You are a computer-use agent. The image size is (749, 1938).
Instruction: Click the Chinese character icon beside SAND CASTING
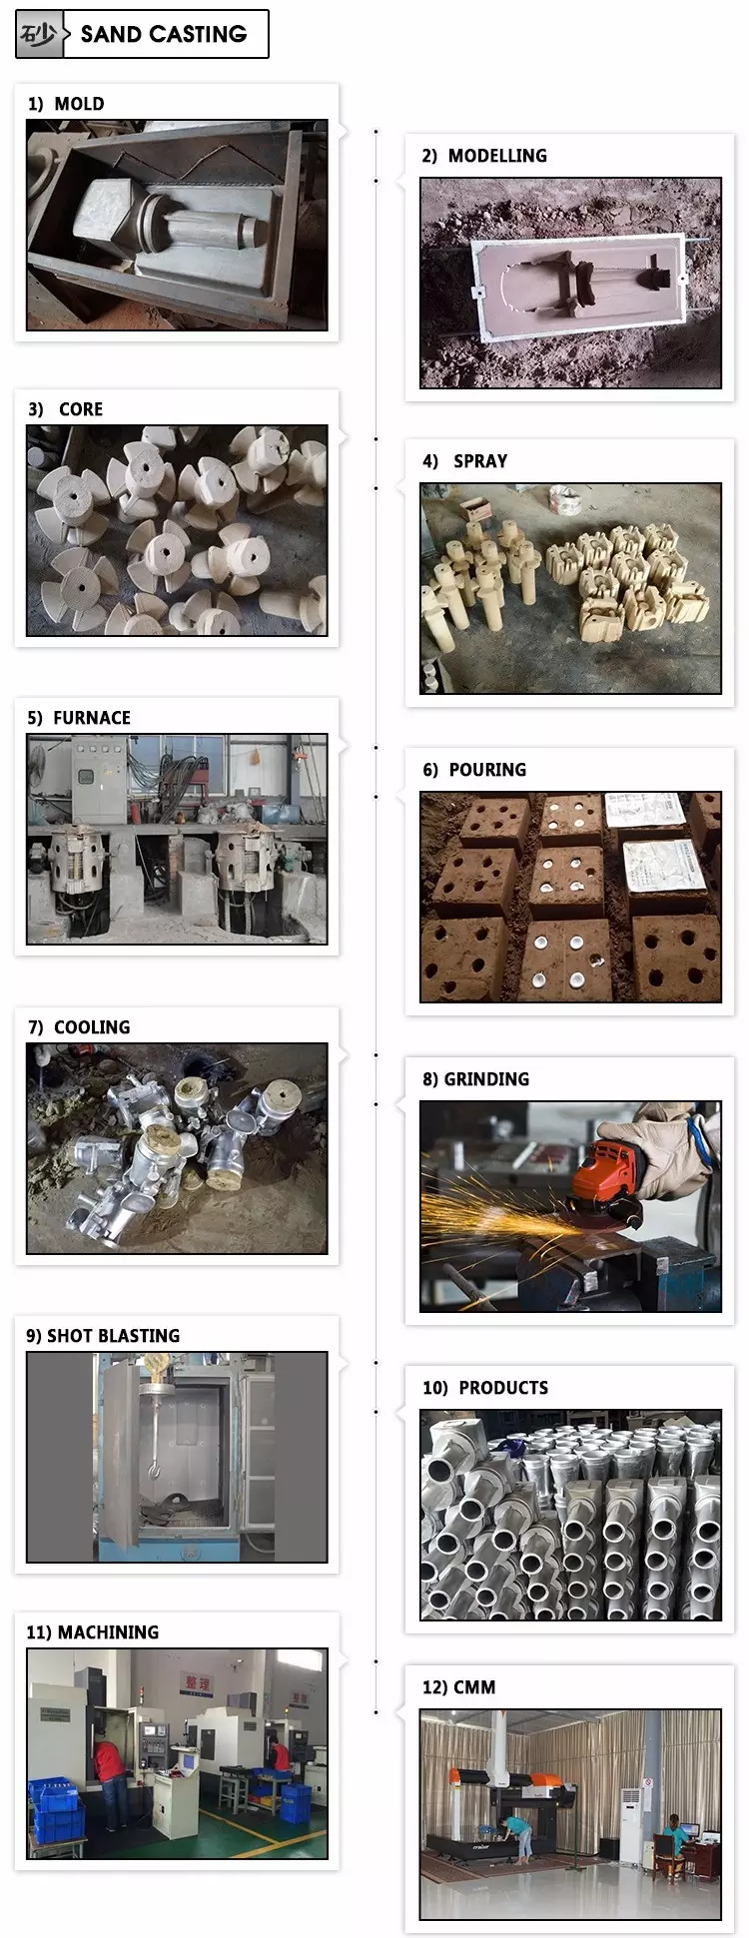[x=39, y=35]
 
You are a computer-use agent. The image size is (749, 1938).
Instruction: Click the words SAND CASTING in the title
[x=164, y=35]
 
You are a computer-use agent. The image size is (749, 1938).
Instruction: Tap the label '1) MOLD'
[x=66, y=104]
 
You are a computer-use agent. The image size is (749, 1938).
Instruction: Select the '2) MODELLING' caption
[x=484, y=156]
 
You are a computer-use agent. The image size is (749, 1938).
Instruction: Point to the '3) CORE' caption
[x=66, y=409]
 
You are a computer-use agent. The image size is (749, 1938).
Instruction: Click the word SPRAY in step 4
[x=480, y=461]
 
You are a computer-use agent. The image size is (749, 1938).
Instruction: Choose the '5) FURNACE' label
[x=79, y=718]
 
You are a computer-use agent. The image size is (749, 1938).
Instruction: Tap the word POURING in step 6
[x=487, y=770]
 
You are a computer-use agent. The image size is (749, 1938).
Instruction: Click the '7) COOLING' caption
[x=79, y=1027]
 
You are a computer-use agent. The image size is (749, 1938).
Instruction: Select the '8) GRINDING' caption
[x=475, y=1079]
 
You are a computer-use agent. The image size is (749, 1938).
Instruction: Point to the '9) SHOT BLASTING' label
[x=103, y=1336]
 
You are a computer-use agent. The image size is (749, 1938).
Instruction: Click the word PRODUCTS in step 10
[x=503, y=1388]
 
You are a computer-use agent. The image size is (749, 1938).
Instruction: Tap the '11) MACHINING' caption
[x=92, y=1632]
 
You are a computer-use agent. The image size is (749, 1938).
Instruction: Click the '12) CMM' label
[x=458, y=1687]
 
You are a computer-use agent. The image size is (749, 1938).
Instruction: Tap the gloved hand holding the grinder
[x=665, y=1148]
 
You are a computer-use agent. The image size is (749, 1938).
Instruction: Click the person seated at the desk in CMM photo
[x=676, y=1833]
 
